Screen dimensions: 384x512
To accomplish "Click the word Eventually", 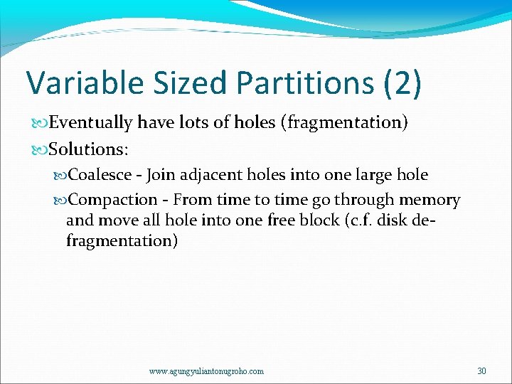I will pos(90,123).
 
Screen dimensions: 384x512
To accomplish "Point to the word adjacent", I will pos(208,176).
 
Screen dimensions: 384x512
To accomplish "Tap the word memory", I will pos(431,201).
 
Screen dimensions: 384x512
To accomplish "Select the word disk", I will pos(396,220).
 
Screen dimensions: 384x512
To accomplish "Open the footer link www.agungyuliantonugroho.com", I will pos(206,371).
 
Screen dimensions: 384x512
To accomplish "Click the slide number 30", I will pos(481,370).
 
